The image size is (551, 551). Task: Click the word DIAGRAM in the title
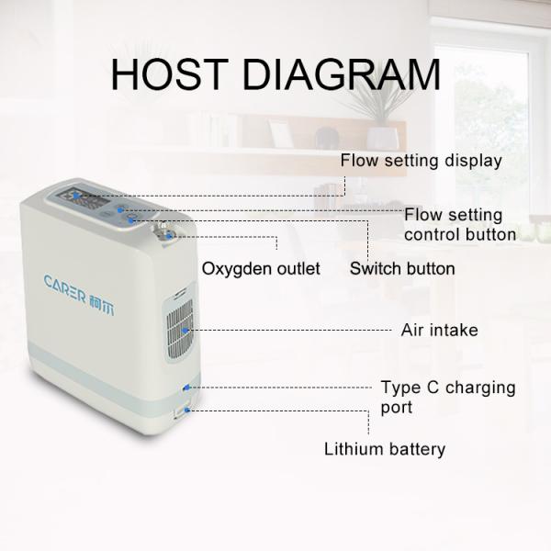tap(342, 74)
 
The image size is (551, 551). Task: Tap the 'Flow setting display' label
tap(421, 161)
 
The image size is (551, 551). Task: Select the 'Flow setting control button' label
tap(459, 224)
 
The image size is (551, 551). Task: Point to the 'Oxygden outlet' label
tap(261, 268)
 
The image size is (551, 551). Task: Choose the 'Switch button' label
tap(402, 268)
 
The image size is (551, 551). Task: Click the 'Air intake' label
tap(439, 330)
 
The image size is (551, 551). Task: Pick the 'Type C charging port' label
tap(447, 396)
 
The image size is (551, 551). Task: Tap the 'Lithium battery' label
tap(384, 449)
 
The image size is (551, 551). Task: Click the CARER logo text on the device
tap(66, 281)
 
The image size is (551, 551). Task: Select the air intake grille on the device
tap(180, 329)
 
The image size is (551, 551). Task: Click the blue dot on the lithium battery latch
tap(188, 410)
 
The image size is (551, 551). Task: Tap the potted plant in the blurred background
tap(376, 110)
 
